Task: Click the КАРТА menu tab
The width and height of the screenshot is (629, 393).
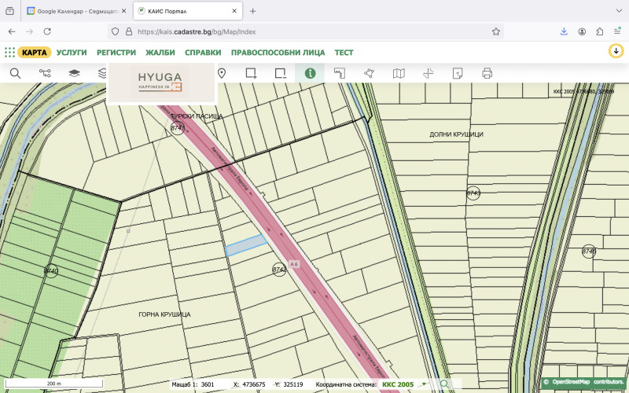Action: click(x=35, y=52)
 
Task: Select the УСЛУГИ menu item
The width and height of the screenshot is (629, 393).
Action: click(x=72, y=52)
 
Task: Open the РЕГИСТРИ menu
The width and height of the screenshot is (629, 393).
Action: click(x=116, y=52)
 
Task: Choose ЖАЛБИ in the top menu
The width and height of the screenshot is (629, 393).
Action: click(x=160, y=52)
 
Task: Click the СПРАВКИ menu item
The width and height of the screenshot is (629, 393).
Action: click(x=203, y=52)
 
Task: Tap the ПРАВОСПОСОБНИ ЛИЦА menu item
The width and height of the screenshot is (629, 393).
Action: click(x=278, y=52)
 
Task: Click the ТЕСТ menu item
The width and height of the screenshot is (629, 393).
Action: click(x=344, y=52)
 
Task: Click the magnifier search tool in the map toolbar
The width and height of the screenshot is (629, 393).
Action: click(x=15, y=73)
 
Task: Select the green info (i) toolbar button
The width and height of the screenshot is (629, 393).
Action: click(x=310, y=73)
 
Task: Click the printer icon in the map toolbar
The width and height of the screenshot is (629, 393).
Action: click(x=487, y=73)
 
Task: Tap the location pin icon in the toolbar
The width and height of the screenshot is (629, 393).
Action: click(x=222, y=73)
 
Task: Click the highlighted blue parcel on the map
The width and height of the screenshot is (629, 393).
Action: click(x=245, y=246)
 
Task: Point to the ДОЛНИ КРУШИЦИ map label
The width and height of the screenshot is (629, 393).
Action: click(x=456, y=134)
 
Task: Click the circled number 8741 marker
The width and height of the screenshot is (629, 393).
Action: click(x=178, y=128)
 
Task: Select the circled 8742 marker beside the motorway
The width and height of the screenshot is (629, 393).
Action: click(x=279, y=270)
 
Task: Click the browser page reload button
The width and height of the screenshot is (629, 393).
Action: click(x=47, y=31)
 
